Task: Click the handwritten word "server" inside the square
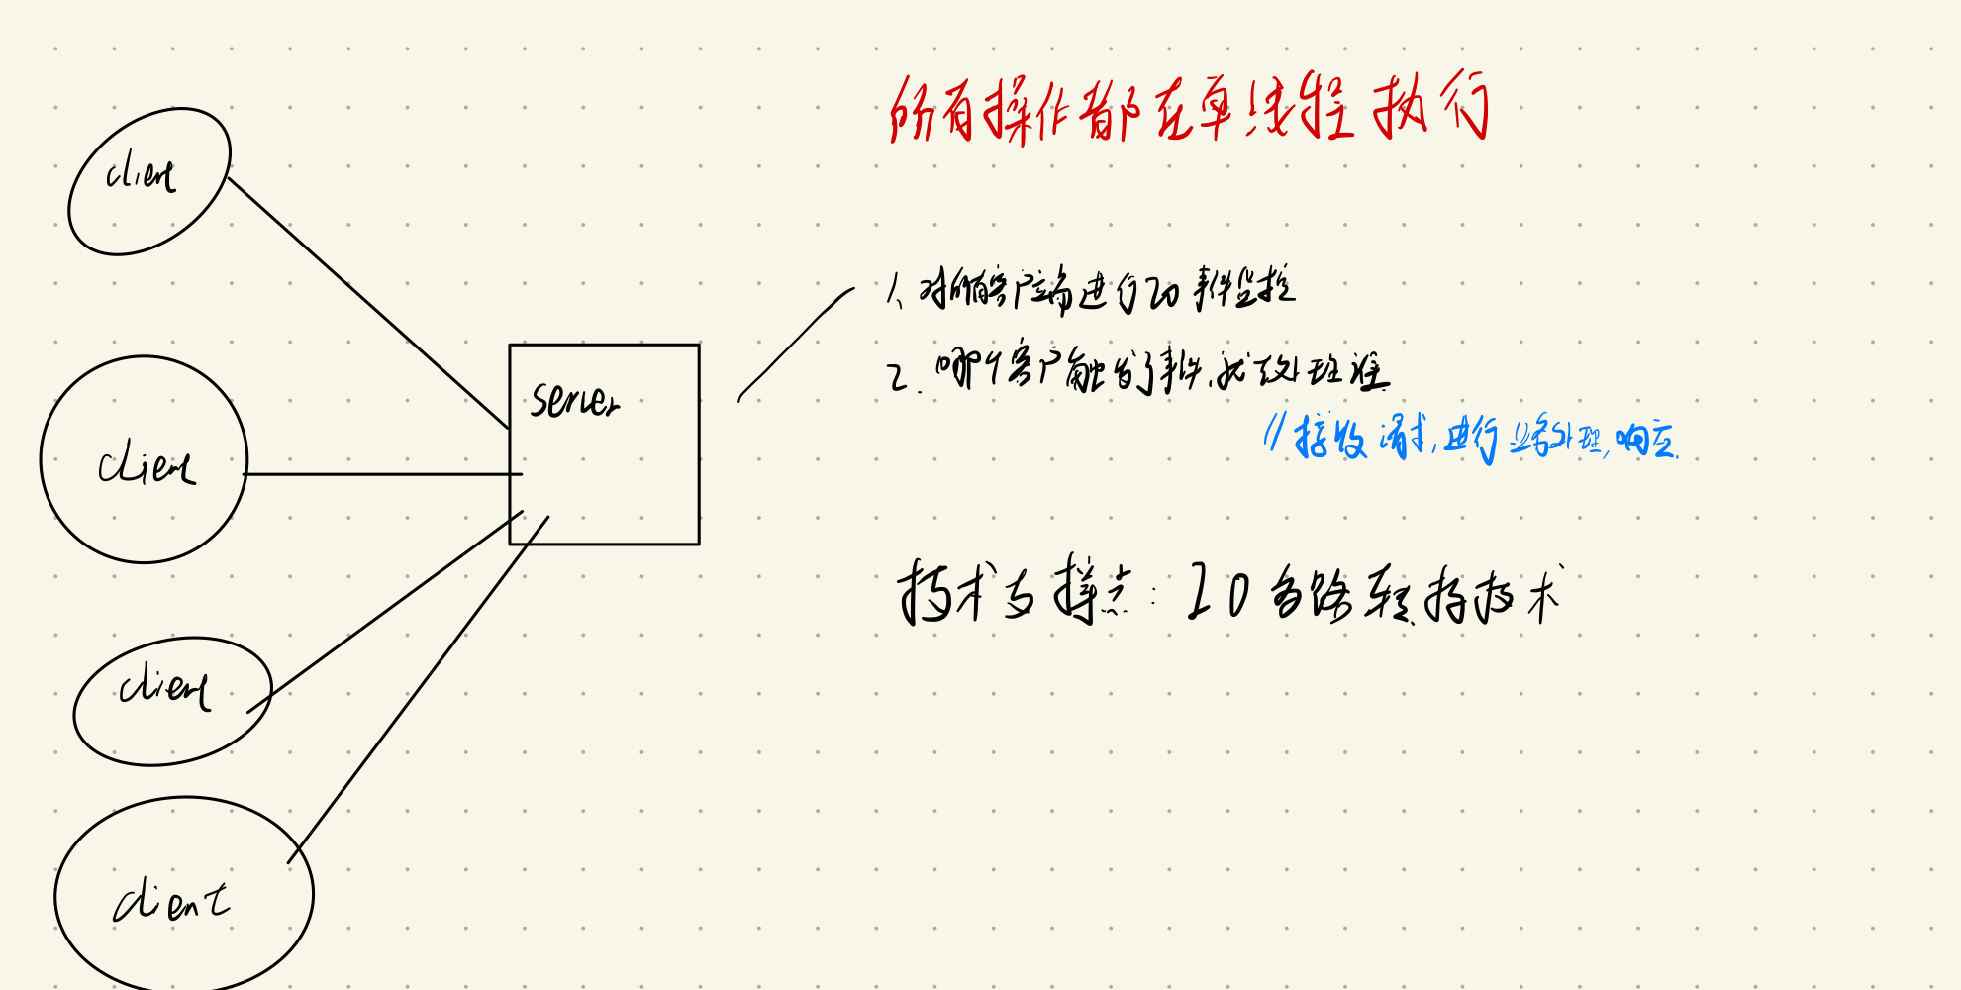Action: click(574, 400)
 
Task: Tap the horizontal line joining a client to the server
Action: click(381, 474)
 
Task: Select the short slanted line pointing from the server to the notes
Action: click(794, 344)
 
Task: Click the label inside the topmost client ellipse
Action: click(141, 175)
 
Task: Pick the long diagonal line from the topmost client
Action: click(366, 302)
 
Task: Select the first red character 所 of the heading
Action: click(912, 111)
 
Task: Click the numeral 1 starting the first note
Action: click(894, 291)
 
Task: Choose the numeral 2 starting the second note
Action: click(898, 377)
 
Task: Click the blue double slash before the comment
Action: click(1274, 432)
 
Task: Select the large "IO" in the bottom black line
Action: click(1217, 592)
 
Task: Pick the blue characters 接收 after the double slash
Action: click(1330, 437)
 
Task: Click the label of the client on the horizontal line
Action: click(146, 465)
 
